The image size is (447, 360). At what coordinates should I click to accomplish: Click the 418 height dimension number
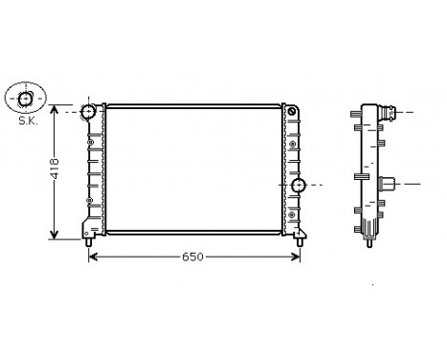pyautogui.click(x=56, y=169)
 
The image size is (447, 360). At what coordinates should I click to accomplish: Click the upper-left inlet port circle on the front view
pyautogui.click(x=89, y=113)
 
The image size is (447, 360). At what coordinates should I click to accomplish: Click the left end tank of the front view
pyautogui.click(x=94, y=172)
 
